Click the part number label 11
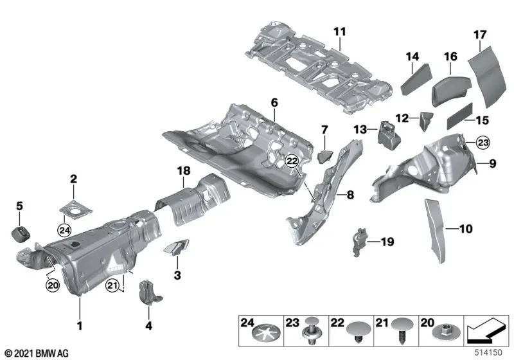pos(339,31)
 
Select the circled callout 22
pos(293,163)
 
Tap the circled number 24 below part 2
pos(64,228)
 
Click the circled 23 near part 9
pos(483,142)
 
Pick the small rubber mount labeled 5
pos(21,231)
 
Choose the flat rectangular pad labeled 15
pos(450,115)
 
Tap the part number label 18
pos(184,169)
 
